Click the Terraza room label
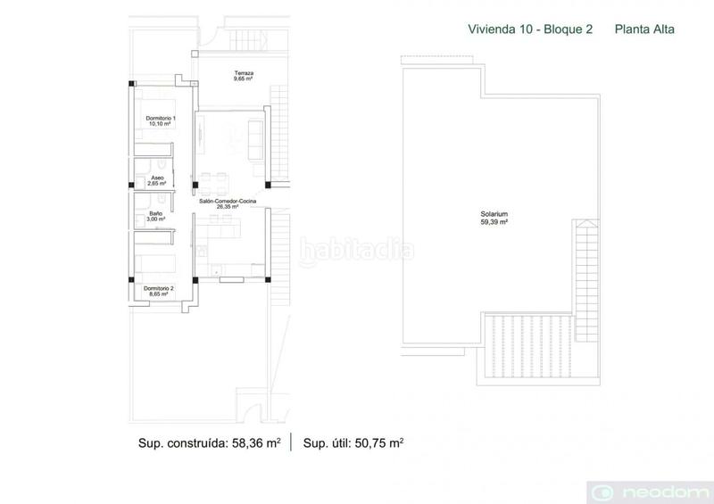point(243,73)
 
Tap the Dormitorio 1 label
point(161,118)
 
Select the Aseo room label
point(157,178)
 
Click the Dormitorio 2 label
point(161,287)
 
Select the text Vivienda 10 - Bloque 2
point(531,29)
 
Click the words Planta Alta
point(644,29)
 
